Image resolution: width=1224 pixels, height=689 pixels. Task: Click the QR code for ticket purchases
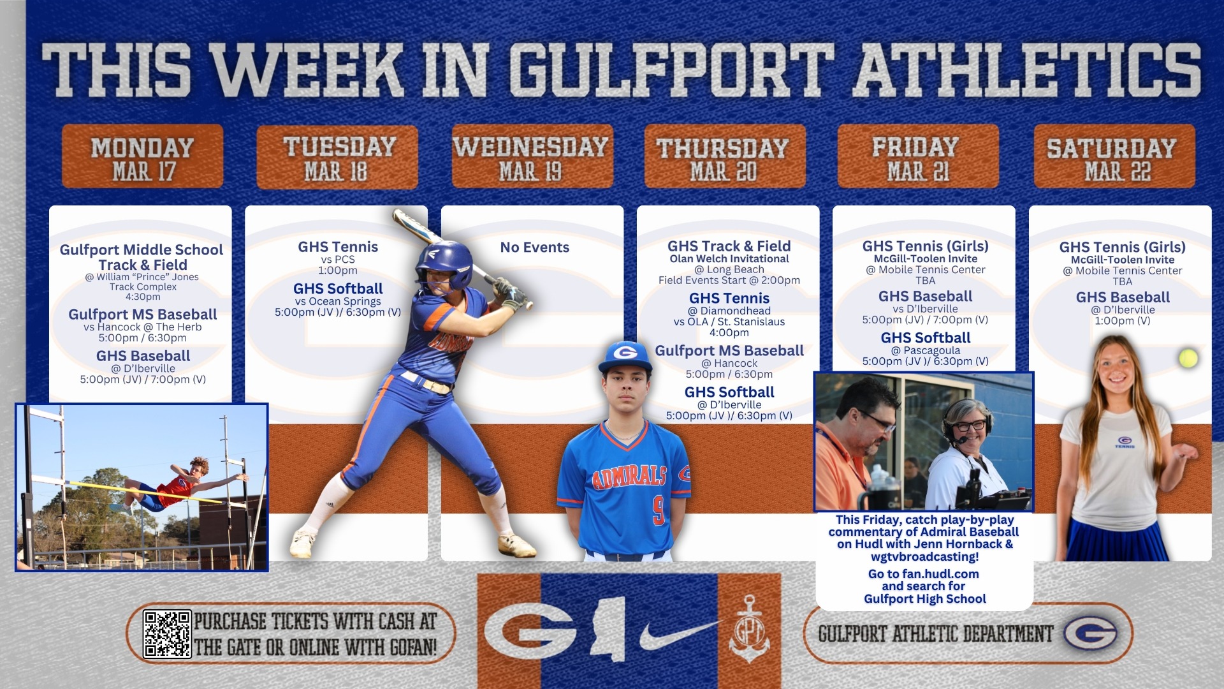167,633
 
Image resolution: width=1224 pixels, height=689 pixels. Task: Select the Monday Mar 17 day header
143,157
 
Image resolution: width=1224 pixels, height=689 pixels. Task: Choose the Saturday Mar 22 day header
1114,157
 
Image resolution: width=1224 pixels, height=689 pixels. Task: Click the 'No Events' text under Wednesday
534,248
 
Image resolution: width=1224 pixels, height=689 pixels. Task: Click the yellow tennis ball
1188,358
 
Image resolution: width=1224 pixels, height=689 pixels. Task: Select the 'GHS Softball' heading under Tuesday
338,289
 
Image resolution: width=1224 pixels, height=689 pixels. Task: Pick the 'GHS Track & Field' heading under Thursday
729,246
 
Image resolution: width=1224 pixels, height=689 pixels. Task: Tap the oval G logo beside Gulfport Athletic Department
1090,633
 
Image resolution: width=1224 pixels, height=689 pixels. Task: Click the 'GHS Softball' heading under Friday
926,338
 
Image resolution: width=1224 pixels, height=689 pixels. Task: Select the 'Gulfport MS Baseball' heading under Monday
143,315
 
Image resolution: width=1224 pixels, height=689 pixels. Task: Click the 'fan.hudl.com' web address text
940,574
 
